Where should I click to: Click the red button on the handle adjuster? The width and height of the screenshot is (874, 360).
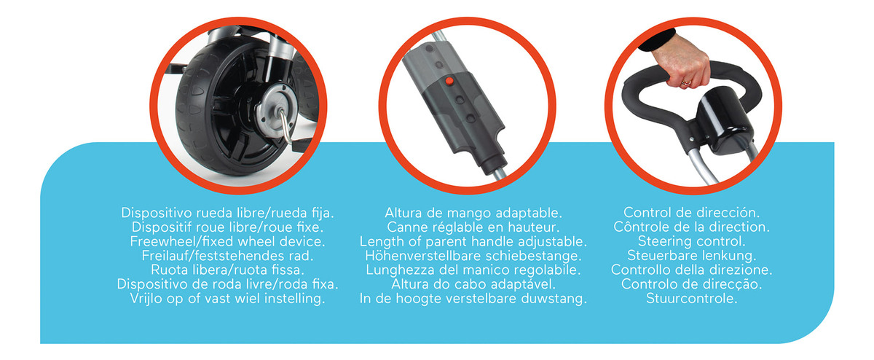[x=449, y=81]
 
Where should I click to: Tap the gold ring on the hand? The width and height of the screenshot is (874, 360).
[x=685, y=82]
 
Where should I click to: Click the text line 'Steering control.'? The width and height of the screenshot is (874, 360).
[x=691, y=241]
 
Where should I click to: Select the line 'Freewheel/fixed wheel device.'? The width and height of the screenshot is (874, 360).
[x=227, y=241]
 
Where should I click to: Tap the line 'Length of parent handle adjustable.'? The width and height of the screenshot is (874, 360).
[x=473, y=241]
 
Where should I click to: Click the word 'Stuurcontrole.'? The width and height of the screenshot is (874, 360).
[x=691, y=298]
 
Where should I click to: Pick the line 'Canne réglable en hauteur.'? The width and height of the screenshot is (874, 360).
[x=473, y=227]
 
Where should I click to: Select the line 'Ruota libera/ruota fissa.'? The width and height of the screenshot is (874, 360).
[x=227, y=270]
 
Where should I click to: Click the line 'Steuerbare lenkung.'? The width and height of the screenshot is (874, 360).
[x=691, y=255]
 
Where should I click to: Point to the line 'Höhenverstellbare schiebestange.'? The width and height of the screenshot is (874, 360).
[x=473, y=256]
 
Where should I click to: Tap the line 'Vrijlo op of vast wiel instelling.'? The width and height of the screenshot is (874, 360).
[x=227, y=299]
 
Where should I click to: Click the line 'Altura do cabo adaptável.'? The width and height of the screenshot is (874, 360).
[x=473, y=284]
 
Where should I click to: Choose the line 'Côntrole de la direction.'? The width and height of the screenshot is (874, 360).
[x=691, y=227]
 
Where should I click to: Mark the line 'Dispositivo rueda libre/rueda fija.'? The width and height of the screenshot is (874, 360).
[x=227, y=213]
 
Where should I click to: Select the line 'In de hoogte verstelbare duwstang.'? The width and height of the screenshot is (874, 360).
[x=473, y=299]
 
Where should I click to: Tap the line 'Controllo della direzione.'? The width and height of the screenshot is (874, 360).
[x=691, y=270]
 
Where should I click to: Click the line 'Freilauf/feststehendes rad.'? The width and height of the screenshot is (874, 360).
[x=227, y=256]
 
